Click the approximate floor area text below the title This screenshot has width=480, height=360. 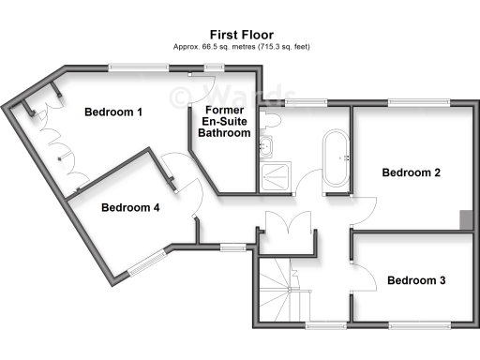[239, 46]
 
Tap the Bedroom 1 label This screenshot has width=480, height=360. [113, 112]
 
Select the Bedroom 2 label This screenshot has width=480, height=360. [411, 172]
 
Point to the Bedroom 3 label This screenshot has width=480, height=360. [416, 280]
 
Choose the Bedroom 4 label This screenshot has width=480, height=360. [130, 208]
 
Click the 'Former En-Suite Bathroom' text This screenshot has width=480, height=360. [225, 122]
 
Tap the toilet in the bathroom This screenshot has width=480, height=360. [271, 121]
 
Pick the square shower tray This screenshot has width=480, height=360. [277, 172]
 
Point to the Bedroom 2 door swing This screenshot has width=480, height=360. [364, 208]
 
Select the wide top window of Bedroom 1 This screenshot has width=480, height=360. [139, 66]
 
